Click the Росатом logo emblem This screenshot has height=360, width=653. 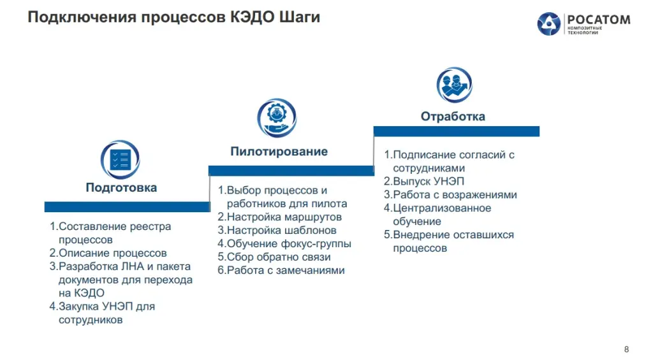coord(549,24)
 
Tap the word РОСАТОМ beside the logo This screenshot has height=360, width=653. coord(599,20)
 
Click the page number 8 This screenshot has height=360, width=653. coord(626,349)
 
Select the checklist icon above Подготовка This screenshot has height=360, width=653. coord(121,160)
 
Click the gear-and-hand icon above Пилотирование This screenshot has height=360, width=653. coord(277,118)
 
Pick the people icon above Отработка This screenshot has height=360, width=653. coord(454,85)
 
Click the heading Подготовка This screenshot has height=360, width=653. coord(121,187)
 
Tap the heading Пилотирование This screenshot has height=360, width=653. coord(279,151)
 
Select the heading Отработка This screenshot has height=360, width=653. coord(453,116)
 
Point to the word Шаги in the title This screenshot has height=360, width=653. coord(300,17)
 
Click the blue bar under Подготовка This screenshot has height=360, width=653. coord(127,207)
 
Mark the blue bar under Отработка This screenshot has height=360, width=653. coord(457,131)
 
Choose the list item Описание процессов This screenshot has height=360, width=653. coord(108,253)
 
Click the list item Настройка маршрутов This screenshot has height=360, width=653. coord(280,217)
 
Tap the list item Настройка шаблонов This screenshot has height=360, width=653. coord(277,230)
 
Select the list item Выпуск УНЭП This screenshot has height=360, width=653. coord(424,182)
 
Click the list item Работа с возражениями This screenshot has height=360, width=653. coord(451,195)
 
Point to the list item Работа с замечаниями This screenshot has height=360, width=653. coord(281,270)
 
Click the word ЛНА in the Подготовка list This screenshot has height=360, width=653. coord(133,266)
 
